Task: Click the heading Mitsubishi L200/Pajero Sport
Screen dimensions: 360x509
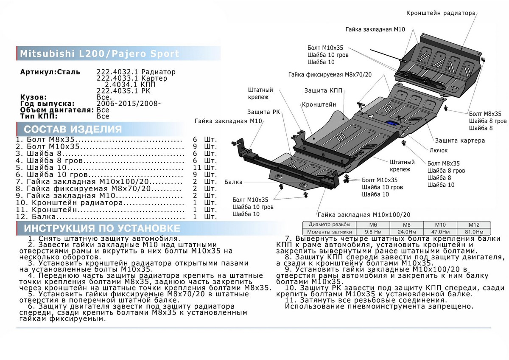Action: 100,54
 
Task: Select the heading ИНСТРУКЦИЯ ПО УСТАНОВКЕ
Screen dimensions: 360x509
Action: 102,228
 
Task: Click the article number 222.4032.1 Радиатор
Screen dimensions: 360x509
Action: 136,72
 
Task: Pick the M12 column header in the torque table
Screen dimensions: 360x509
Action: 473,225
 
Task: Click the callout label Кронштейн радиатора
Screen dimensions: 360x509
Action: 441,13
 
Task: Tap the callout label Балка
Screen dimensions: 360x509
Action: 234,182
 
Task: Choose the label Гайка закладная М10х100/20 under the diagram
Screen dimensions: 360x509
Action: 364,215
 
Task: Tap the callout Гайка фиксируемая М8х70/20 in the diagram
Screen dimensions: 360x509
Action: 330,74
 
